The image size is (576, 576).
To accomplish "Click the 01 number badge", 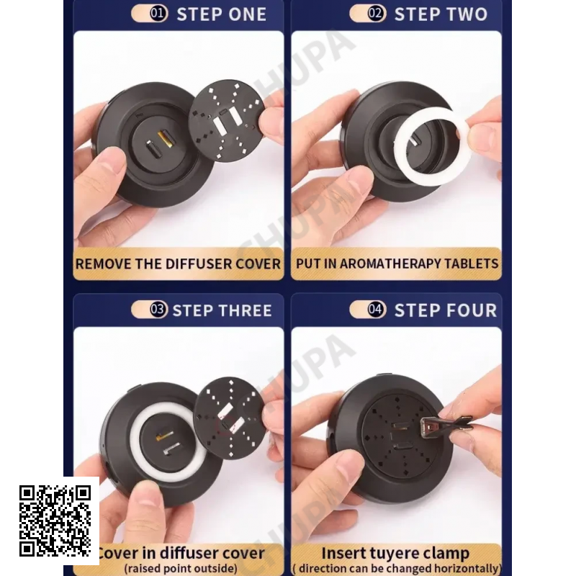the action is click(x=158, y=14).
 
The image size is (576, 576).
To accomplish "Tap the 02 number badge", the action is click(x=376, y=14).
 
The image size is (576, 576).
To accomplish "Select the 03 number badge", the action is click(x=158, y=310).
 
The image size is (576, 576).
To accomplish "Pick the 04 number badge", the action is click(x=376, y=310).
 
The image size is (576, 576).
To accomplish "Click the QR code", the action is click(x=55, y=521).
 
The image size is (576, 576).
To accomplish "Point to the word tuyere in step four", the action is click(x=395, y=554).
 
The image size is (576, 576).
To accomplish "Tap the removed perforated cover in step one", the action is click(x=227, y=121).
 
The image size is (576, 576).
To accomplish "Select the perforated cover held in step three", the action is click(x=230, y=418).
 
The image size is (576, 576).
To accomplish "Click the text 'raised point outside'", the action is click(x=181, y=568).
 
